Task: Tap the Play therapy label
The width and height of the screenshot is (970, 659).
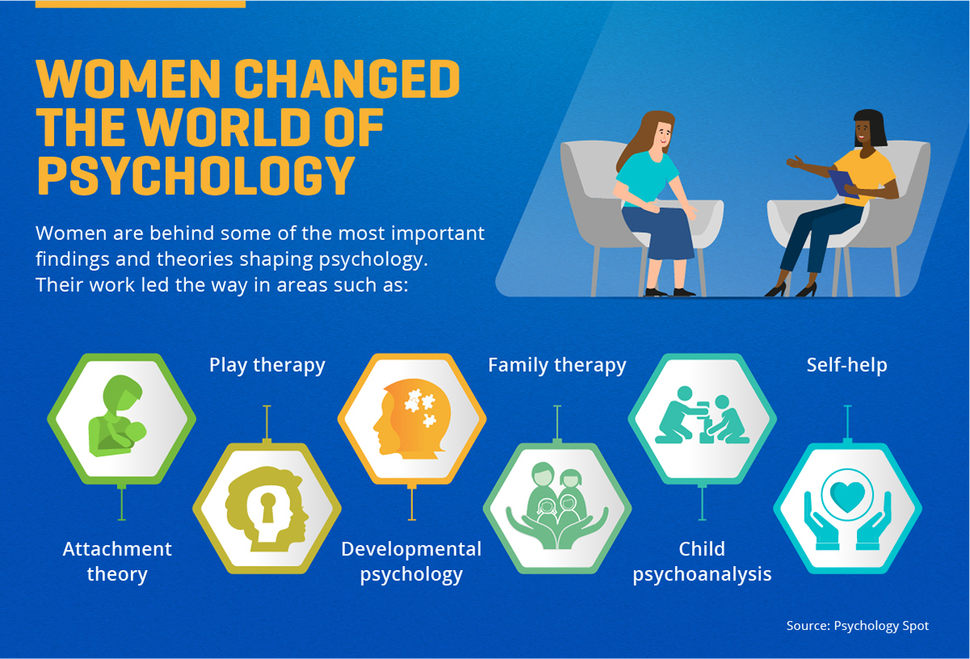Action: tap(267, 365)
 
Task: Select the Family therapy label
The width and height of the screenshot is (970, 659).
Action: tap(557, 365)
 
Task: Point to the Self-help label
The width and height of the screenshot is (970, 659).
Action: tap(846, 365)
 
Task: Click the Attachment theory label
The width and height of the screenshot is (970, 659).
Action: tap(117, 562)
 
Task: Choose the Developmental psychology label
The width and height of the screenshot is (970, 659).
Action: tap(411, 562)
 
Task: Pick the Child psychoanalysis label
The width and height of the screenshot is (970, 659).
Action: tap(702, 562)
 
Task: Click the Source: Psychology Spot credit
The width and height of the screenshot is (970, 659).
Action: tap(858, 626)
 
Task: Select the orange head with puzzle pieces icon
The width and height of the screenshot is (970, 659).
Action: tap(411, 417)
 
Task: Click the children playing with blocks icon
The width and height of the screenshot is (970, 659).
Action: tap(702, 416)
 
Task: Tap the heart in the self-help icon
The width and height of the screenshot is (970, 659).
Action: tap(846, 494)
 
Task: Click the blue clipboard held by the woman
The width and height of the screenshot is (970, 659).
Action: tap(843, 183)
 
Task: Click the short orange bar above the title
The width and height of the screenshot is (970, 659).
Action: tap(141, 4)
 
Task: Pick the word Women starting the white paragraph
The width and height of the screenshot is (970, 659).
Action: tap(71, 234)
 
